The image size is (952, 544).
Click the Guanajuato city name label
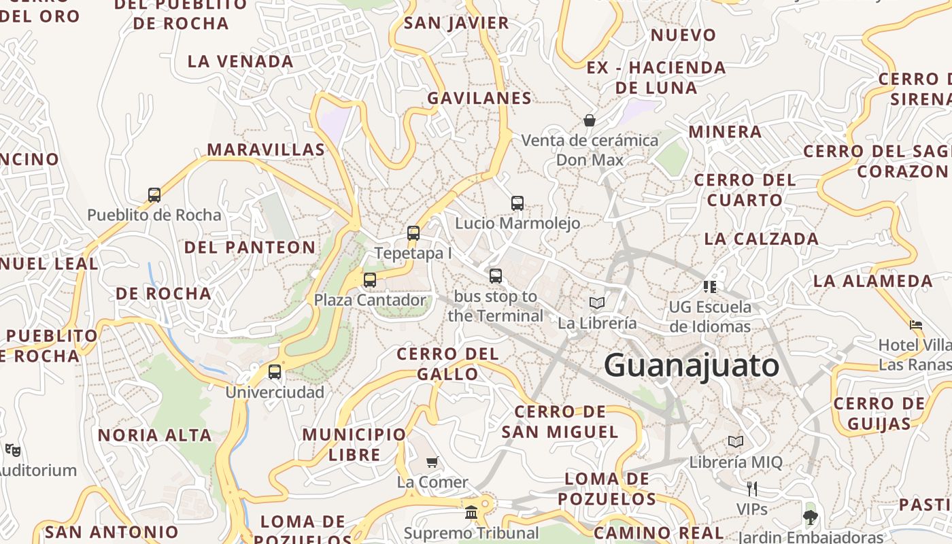click(x=692, y=365)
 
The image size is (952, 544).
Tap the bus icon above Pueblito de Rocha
click(x=154, y=195)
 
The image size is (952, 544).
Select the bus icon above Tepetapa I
click(x=413, y=233)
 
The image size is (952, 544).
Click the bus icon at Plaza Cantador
click(x=369, y=279)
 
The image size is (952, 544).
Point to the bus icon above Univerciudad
click(x=275, y=372)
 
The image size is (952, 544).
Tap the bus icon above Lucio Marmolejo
click(x=517, y=203)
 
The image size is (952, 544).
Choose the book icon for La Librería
click(x=597, y=303)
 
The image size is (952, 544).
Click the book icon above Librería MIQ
click(x=736, y=442)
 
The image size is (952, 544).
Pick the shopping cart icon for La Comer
click(x=432, y=462)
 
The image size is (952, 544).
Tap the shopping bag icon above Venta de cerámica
click(x=590, y=120)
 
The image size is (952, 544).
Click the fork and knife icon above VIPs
click(x=751, y=488)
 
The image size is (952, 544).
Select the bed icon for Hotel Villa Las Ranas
click(x=916, y=325)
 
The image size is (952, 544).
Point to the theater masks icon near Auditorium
click(x=13, y=449)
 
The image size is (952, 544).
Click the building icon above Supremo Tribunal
click(x=471, y=512)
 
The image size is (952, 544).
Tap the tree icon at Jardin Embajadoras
click(x=809, y=517)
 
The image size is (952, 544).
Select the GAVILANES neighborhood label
click(x=479, y=98)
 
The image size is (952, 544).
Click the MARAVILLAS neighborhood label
click(x=266, y=150)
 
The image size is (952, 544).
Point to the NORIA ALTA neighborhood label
click(x=155, y=435)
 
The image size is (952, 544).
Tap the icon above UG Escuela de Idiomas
click(x=710, y=286)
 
